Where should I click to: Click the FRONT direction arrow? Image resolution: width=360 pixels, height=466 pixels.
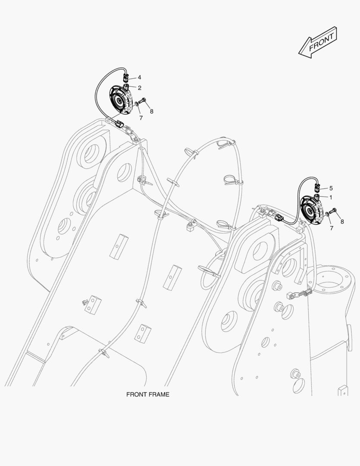[x=317, y=42]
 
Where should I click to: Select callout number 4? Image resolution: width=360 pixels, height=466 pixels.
[x=139, y=78]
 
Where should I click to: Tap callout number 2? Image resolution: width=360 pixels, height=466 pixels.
[x=139, y=88]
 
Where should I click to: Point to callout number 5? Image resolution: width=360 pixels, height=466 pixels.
[x=331, y=188]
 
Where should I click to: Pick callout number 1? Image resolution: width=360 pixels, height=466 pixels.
[x=331, y=197]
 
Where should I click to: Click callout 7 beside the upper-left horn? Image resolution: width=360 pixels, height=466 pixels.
[x=141, y=117]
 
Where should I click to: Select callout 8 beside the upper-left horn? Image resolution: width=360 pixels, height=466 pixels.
[x=151, y=111]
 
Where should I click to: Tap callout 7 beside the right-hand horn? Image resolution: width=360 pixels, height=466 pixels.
[x=331, y=228]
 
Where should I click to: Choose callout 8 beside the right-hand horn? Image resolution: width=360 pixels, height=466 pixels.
[x=342, y=222]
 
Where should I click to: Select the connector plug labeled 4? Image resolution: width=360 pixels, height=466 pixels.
[x=126, y=78]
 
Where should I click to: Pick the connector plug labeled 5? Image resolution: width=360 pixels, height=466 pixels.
[x=318, y=188]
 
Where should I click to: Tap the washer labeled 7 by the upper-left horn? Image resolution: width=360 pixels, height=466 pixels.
[x=137, y=103]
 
